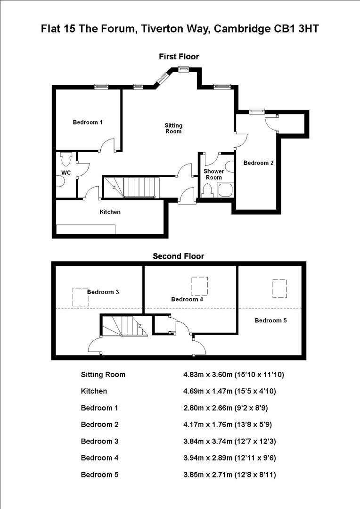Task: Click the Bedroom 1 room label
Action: click(x=88, y=122)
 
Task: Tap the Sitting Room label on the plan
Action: click(x=173, y=128)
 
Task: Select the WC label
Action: click(x=66, y=172)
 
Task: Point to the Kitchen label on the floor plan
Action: click(x=110, y=212)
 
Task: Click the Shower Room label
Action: click(x=213, y=174)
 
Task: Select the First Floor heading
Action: click(x=179, y=57)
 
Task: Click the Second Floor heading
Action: click(x=178, y=256)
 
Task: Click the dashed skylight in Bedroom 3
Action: click(x=80, y=297)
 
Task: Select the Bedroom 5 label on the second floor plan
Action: click(x=270, y=320)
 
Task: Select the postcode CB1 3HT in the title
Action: click(x=295, y=29)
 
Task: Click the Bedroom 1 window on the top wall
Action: click(x=101, y=86)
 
